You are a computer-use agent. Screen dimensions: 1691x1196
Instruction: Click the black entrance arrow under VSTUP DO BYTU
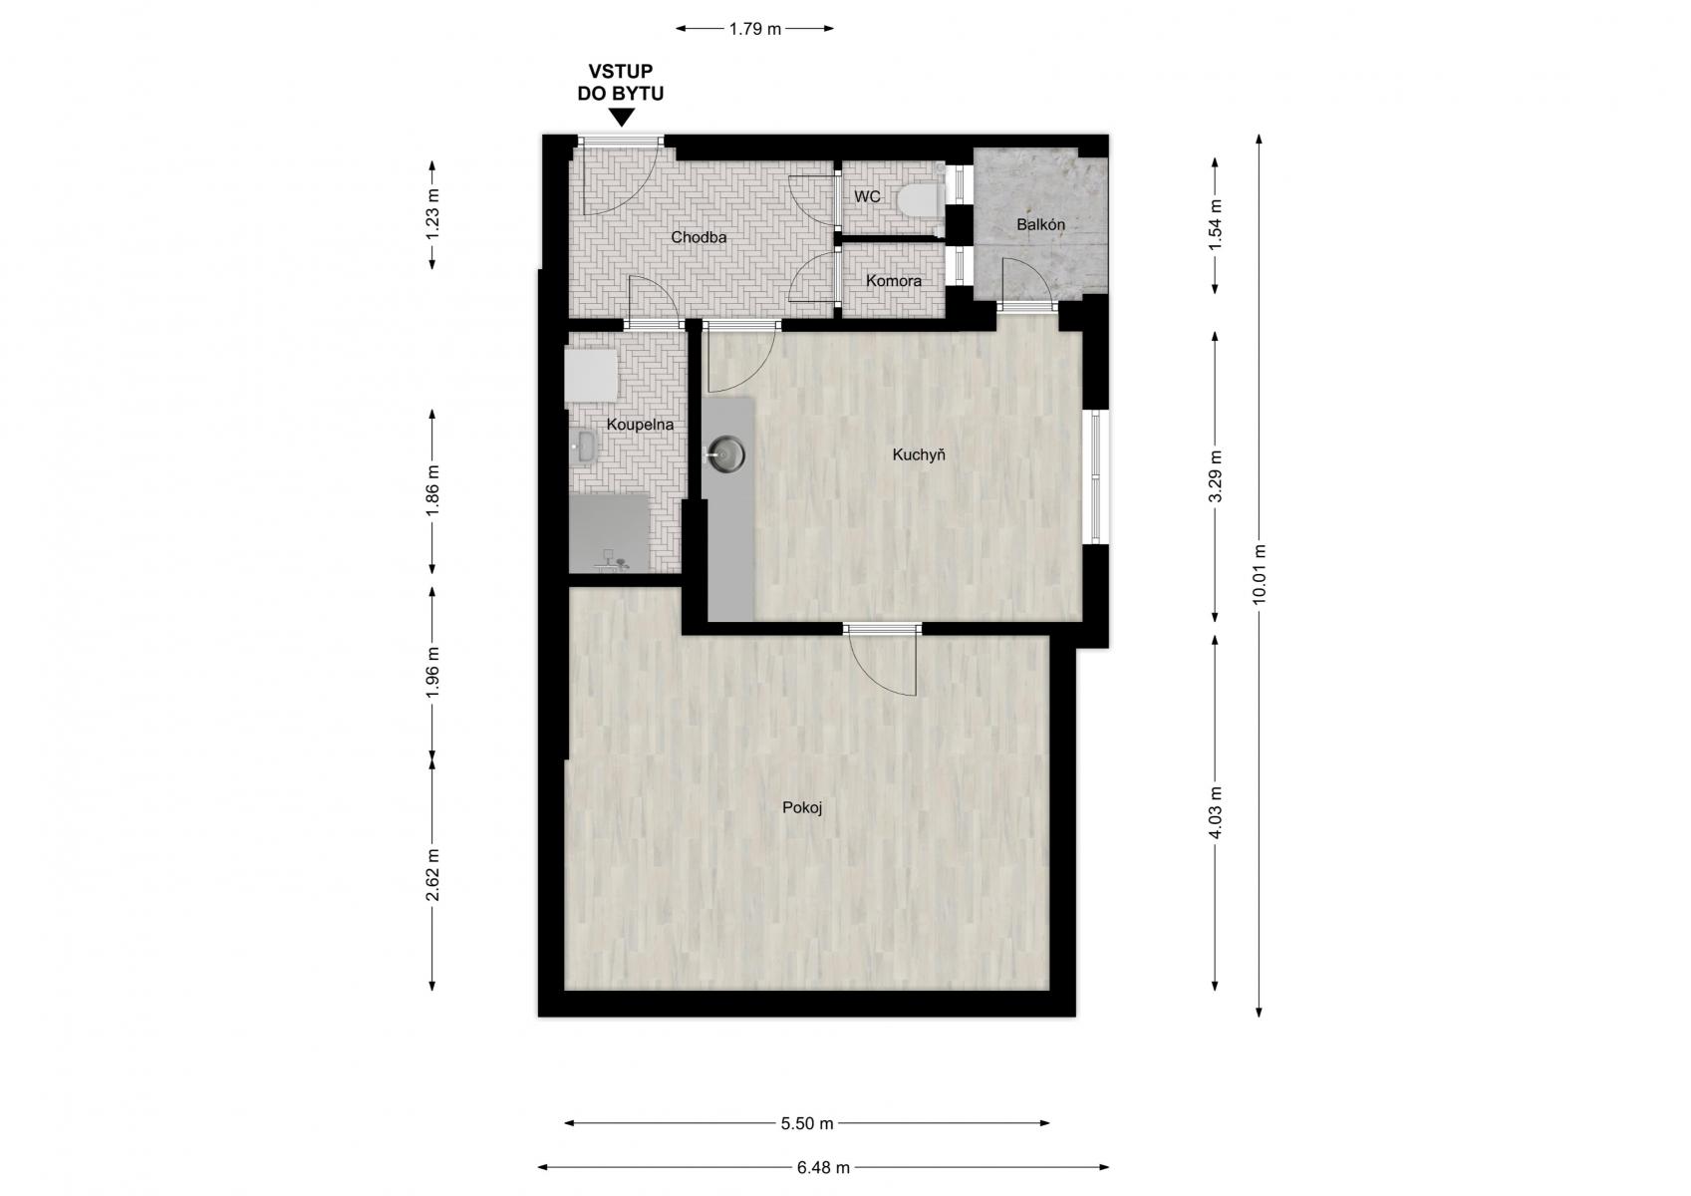[x=621, y=117]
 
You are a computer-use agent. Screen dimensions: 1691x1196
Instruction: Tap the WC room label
[x=867, y=197]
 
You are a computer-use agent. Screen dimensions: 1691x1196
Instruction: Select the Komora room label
[x=893, y=281]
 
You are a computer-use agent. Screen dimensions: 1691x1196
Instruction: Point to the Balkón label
[x=1040, y=224]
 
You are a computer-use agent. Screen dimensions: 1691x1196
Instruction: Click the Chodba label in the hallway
[x=699, y=237]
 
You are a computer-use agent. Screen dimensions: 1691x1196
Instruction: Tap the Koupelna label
[x=640, y=425]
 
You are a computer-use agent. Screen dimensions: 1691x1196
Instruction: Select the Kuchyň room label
[x=919, y=454]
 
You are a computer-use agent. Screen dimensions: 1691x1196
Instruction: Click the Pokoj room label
[x=802, y=808]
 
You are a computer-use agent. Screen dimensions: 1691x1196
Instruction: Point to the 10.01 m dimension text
[x=1259, y=574]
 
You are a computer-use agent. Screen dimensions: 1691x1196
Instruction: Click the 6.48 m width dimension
[x=823, y=1167]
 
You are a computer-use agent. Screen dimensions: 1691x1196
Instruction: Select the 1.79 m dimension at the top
[x=755, y=30]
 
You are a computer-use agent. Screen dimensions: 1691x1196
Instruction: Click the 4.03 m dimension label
[x=1215, y=812]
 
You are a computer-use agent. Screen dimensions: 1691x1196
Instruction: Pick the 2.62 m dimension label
[x=432, y=874]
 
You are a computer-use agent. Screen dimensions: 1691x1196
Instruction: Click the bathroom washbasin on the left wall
[x=584, y=446]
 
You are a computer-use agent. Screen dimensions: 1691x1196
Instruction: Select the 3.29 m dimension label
[x=1215, y=475]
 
